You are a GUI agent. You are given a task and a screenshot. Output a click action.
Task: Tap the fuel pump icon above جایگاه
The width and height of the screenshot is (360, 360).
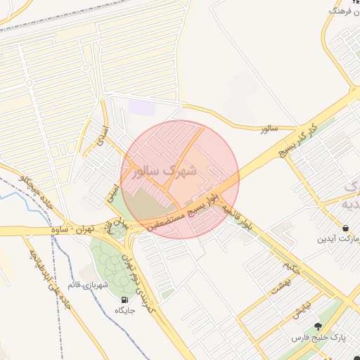point(124,299)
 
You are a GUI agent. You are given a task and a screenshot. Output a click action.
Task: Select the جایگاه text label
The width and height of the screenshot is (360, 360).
point(124,310)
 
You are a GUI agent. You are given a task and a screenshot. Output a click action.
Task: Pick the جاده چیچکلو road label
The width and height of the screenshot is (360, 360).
point(37,191)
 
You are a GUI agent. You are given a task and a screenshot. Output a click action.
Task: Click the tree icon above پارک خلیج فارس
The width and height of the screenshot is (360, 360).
point(318,326)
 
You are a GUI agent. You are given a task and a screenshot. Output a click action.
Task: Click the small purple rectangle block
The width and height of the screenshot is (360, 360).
point(141,108)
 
